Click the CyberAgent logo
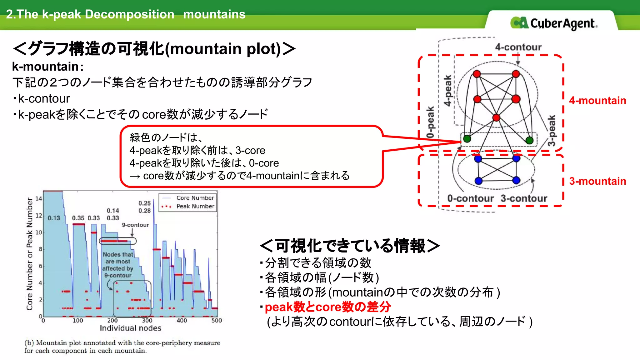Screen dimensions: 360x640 pos(554,23)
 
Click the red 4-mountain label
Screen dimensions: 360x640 pos(597,100)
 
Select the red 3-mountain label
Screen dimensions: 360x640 pos(597,181)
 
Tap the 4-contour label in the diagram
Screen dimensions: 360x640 pos(518,47)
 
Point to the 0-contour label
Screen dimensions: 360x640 pos(470,198)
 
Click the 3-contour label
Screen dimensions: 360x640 pos(524,198)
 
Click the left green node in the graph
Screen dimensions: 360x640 pos(467,139)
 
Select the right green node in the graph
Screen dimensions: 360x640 pos(529,140)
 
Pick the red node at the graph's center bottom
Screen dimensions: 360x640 pos(496,118)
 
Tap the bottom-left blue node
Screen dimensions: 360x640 pos(478,181)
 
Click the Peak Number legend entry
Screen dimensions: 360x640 pos(195,206)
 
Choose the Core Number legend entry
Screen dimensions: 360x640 pos(195,198)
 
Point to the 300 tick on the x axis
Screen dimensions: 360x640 pos(147,321)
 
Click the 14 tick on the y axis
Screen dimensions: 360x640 pos(38,198)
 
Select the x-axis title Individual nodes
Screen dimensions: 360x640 pos(130,328)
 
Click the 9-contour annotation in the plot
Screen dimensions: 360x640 pos(135,225)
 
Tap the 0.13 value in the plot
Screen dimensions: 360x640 pos(54,218)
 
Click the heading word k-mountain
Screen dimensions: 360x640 pos(45,67)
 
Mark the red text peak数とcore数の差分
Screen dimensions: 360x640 pos(327,307)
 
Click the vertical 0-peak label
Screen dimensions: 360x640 pos(431,122)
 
